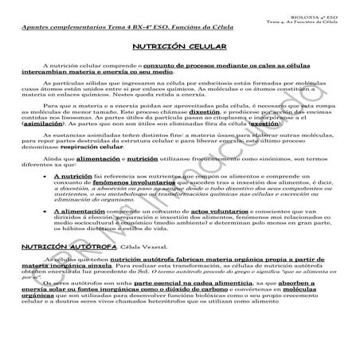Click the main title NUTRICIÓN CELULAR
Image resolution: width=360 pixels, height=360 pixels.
pyautogui.click(x=179, y=48)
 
